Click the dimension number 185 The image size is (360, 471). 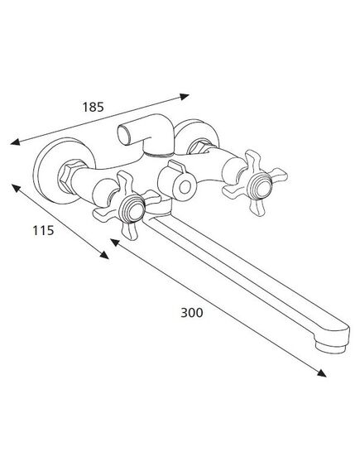click(93, 108)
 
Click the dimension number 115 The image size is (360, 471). click(43, 230)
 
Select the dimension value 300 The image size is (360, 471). click(191, 313)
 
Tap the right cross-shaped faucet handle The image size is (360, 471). click(255, 183)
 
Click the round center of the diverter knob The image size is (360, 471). click(185, 187)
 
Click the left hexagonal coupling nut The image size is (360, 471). click(69, 176)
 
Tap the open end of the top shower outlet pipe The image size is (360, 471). click(122, 135)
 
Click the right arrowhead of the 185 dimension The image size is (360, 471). click(184, 97)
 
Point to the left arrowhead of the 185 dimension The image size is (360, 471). click(15, 142)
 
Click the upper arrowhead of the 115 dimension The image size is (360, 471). click(17, 189)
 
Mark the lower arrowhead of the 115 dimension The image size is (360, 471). click(104, 255)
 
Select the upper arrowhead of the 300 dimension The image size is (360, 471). click(115, 243)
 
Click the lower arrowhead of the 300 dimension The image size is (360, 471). click(321, 373)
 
